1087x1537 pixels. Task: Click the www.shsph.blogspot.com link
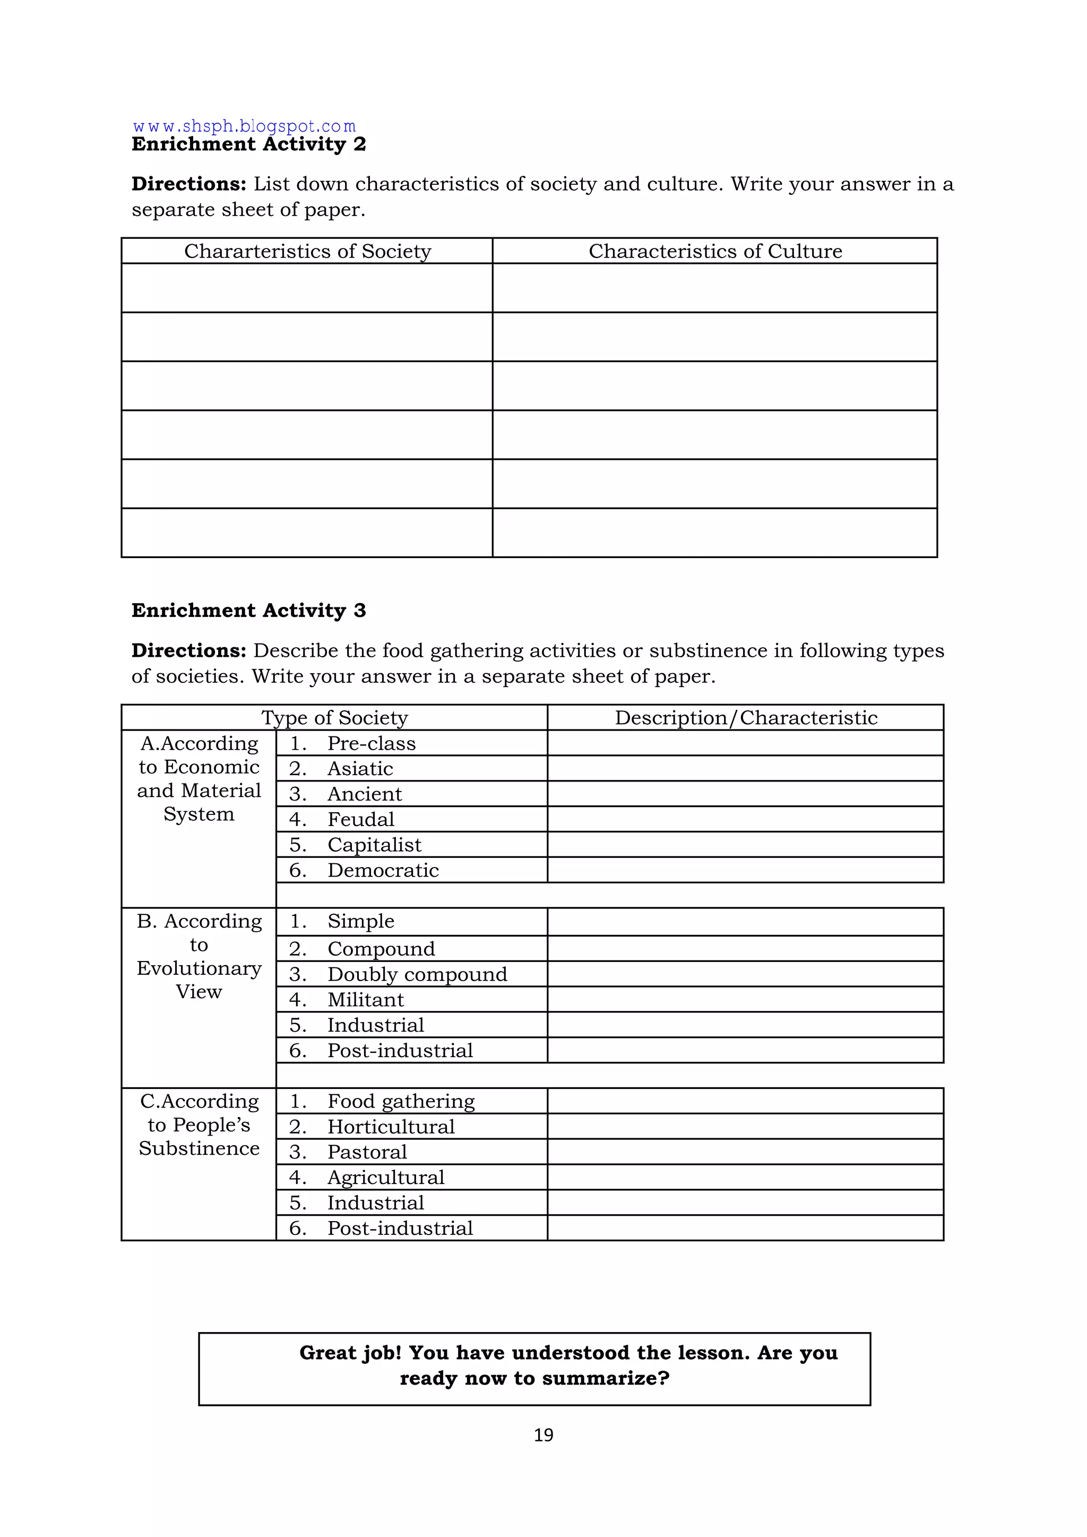click(x=244, y=126)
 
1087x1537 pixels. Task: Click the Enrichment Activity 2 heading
click(x=248, y=144)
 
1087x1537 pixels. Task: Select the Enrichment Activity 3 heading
click(x=248, y=611)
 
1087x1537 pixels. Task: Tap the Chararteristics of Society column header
click(x=307, y=251)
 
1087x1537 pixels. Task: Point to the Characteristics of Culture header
click(x=715, y=251)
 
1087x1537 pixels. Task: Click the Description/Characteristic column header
click(x=746, y=718)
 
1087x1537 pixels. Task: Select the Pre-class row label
click(x=371, y=743)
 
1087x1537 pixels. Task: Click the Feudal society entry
click(x=361, y=819)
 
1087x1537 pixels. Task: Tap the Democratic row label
click(x=383, y=870)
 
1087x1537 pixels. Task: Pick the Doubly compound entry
click(x=417, y=974)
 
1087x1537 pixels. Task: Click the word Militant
click(x=366, y=1000)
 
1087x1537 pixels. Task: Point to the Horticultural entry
click(x=391, y=1127)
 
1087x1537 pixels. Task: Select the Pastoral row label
click(x=367, y=1152)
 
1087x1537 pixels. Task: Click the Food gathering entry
click(x=401, y=1101)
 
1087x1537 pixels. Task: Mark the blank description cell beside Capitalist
click(x=745, y=845)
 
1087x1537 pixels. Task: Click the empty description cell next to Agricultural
click(x=745, y=1178)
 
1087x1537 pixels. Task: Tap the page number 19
click(x=543, y=1435)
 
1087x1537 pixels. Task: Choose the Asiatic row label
click(x=360, y=769)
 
